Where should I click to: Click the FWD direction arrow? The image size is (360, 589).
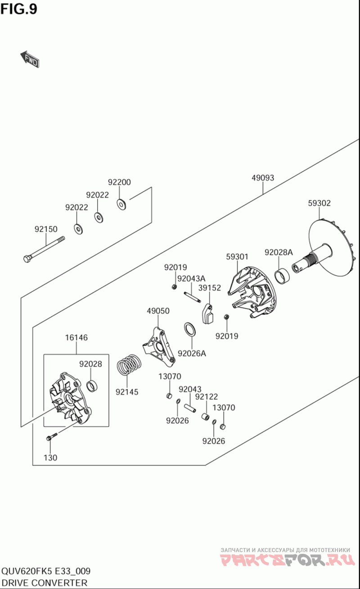point(30,59)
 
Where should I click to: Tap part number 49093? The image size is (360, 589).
point(263,178)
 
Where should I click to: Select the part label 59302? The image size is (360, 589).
point(319,203)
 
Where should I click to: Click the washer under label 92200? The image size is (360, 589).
point(121,204)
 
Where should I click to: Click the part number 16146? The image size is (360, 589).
point(76,338)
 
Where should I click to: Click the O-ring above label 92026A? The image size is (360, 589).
point(190,329)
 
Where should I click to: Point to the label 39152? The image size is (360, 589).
point(209,288)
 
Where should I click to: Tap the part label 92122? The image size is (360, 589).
point(206,397)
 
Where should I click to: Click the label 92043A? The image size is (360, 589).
point(191,279)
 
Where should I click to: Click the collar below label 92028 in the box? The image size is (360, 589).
point(93,385)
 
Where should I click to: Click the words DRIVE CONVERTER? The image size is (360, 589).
point(44,583)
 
